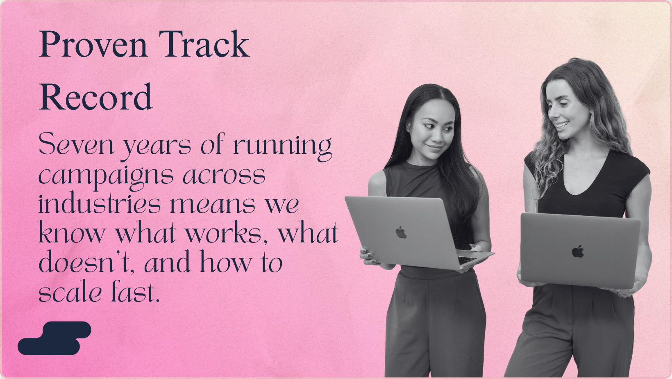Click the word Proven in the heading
coord(93,44)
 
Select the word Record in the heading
coord(96,97)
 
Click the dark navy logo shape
coord(54,338)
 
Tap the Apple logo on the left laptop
coord(401,233)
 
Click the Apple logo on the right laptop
coord(577,252)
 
